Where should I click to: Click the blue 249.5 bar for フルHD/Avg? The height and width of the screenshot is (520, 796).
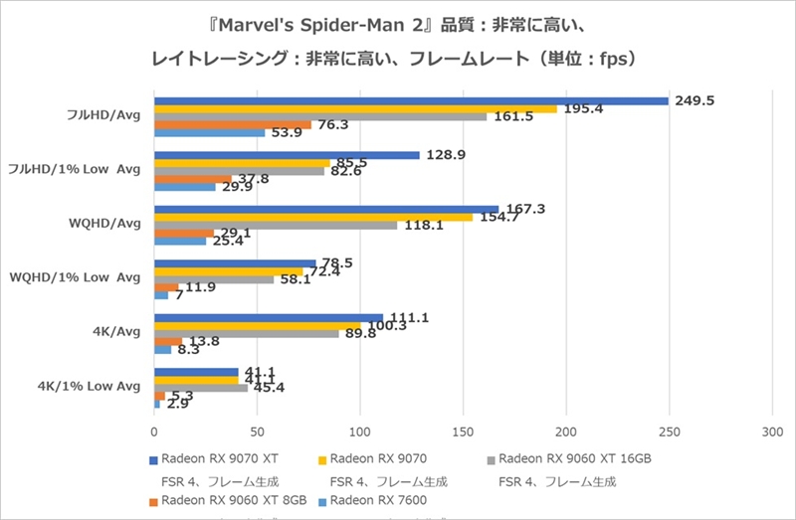[410, 100]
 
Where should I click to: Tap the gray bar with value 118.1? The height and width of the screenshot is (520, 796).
[275, 225]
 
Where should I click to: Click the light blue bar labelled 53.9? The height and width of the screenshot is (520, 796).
[209, 132]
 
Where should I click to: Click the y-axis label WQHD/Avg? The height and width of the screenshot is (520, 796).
[107, 222]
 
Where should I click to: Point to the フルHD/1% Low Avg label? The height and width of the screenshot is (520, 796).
[87, 168]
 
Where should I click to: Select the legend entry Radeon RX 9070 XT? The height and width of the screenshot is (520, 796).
[215, 459]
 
